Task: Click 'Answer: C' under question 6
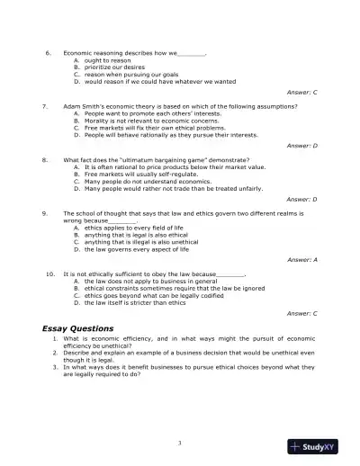(x=301, y=93)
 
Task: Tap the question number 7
(x=45, y=106)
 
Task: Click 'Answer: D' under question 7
(x=301, y=146)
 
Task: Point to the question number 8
(x=45, y=159)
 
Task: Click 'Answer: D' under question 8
(x=301, y=199)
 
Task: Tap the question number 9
(x=45, y=212)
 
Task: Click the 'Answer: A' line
(x=301, y=259)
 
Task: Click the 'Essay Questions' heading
(x=78, y=328)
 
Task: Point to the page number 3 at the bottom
(x=180, y=443)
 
